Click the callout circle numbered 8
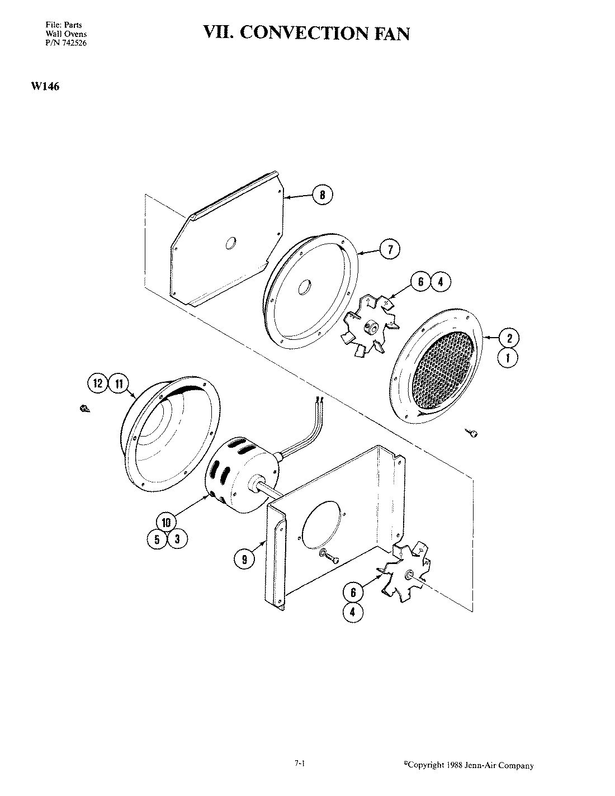click(x=322, y=195)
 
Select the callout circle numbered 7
click(x=390, y=250)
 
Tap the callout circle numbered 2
click(x=508, y=338)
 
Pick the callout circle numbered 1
click(x=508, y=358)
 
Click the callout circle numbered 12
click(x=98, y=383)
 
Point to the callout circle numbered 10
click(x=166, y=523)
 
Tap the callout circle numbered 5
click(x=157, y=539)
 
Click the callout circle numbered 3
click(x=177, y=539)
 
